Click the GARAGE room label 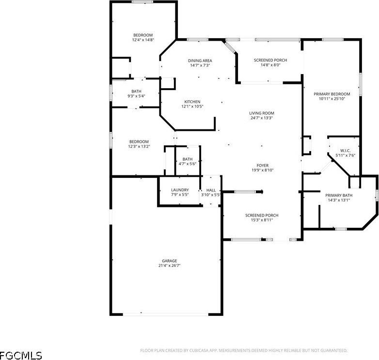(x=166, y=261)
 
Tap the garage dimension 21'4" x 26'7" (x=166, y=266)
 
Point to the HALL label (x=211, y=190)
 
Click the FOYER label (x=262, y=165)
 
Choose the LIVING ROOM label (x=262, y=113)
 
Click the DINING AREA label (x=200, y=61)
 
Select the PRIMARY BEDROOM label (x=332, y=94)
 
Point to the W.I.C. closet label (x=346, y=151)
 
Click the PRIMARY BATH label (x=339, y=195)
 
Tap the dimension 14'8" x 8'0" (x=270, y=65)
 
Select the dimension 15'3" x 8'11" (x=262, y=220)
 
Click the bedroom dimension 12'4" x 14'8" (x=143, y=40)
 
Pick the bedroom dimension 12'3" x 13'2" (x=139, y=146)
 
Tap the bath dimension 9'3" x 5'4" (x=136, y=96)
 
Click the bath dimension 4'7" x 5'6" (x=188, y=164)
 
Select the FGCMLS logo (x=21, y=355)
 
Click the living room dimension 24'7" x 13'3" (x=262, y=118)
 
